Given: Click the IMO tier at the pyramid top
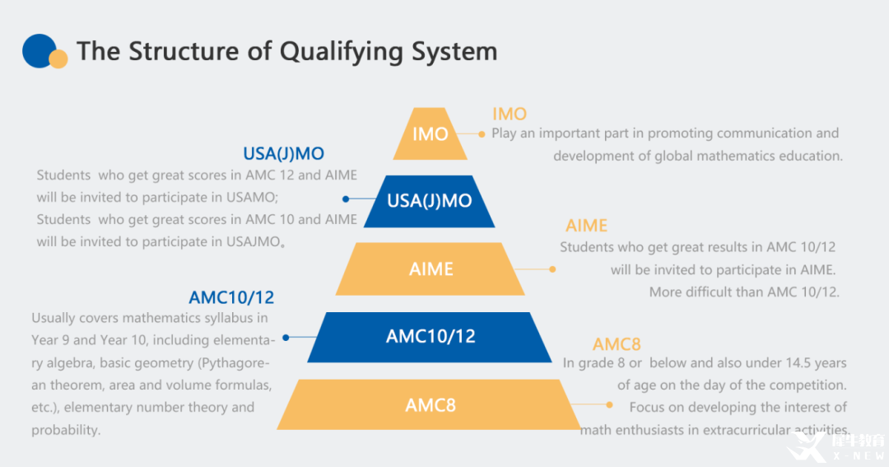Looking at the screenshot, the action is click(430, 134).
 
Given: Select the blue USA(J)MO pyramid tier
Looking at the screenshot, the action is click(429, 202).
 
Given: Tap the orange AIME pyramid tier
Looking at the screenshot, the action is click(431, 269).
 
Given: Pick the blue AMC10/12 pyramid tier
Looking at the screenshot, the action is click(430, 337).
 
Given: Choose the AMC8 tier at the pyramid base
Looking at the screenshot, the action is click(429, 404).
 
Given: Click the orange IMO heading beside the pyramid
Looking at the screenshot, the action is click(510, 114).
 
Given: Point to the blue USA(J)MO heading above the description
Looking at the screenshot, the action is click(283, 154).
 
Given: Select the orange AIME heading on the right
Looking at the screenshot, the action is click(586, 226).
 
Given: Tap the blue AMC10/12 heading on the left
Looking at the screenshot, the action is click(231, 297).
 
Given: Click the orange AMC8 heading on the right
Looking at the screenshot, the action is click(617, 344).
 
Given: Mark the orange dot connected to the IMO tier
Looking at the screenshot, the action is click(482, 134).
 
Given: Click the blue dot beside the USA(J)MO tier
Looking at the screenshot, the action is click(345, 199).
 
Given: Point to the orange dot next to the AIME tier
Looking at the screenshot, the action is click(552, 269).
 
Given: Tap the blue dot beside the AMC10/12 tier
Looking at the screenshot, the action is click(286, 338).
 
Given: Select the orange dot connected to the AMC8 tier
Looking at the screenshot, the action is click(609, 405).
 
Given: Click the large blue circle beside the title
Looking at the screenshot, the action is click(39, 50).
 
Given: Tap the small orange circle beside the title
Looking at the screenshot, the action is click(58, 59).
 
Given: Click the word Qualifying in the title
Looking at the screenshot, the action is click(342, 52).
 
